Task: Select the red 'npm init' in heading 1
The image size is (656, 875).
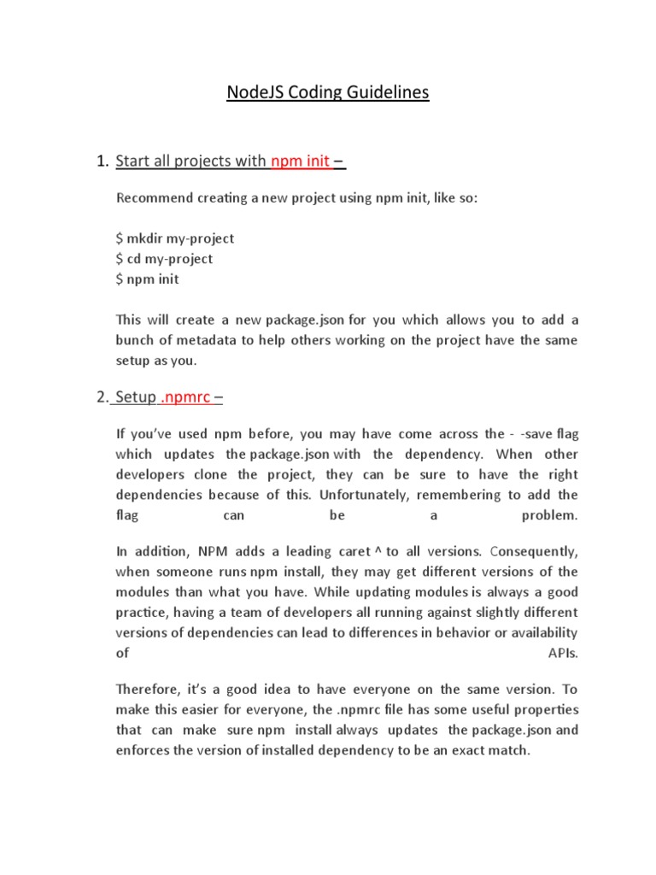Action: [x=300, y=161]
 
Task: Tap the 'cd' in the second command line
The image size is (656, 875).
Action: [x=134, y=258]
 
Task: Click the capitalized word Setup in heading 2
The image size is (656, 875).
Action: [x=138, y=396]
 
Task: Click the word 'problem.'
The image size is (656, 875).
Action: [x=549, y=515]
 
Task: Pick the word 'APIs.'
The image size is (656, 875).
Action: [x=562, y=653]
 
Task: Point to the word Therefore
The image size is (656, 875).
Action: [x=149, y=690]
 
